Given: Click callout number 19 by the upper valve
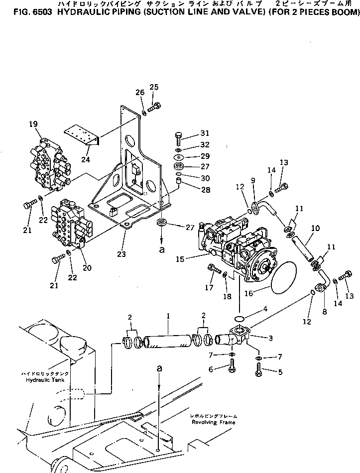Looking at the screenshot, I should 33,124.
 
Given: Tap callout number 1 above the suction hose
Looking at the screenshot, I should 168,316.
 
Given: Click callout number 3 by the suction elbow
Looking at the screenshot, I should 270,338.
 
